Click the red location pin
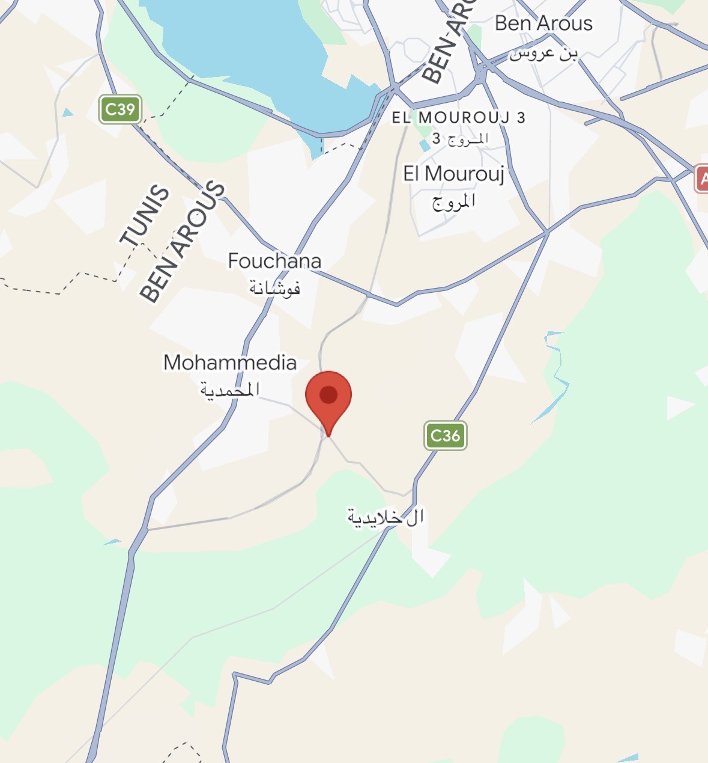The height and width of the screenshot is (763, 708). (328, 397)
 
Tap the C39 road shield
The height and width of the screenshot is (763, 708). (120, 109)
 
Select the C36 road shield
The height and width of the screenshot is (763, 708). (445, 435)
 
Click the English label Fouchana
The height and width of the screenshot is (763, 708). (274, 261)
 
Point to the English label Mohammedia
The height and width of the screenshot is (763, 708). (230, 363)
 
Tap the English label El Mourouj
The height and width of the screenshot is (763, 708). (453, 174)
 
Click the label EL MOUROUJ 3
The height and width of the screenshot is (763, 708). (459, 117)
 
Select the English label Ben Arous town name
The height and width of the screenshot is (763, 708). (543, 23)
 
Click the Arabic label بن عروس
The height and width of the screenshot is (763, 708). (543, 54)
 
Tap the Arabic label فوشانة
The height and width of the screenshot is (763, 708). (274, 288)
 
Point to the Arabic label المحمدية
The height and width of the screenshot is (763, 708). (230, 390)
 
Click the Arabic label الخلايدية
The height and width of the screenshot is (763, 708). (386, 516)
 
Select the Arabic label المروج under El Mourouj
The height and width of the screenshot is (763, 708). (453, 201)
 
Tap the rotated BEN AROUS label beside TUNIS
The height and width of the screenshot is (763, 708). (182, 241)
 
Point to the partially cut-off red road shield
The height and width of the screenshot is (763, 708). (701, 179)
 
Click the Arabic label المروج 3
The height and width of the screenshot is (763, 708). (460, 139)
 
